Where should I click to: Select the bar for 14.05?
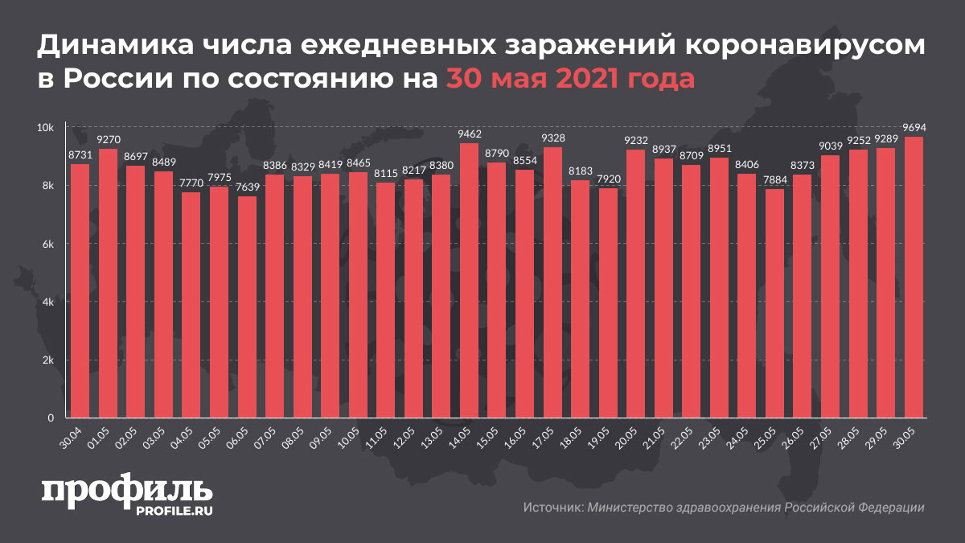(x=470, y=281)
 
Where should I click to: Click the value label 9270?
(x=109, y=140)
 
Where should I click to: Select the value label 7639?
(x=248, y=187)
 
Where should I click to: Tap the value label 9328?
(x=552, y=138)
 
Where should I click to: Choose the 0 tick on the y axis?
(x=50, y=418)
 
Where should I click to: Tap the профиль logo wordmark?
(x=127, y=493)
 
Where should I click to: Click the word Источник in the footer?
(x=552, y=508)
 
